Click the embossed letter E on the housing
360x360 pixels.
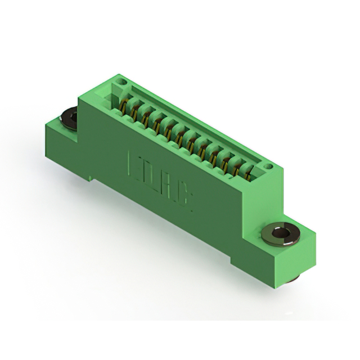click(x=136, y=161)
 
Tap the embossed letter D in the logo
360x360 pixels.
click(x=149, y=172)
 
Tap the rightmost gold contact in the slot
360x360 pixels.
click(x=248, y=172)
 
